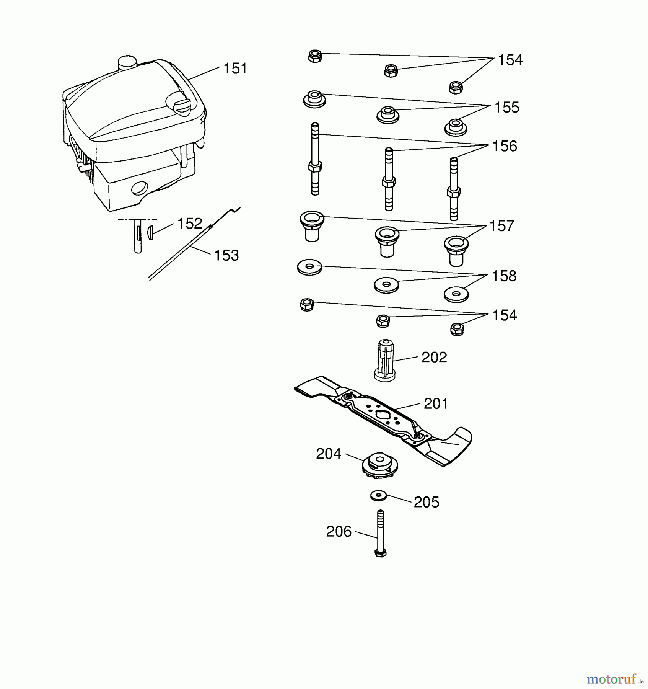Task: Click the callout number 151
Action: (x=235, y=69)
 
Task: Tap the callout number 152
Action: (x=189, y=224)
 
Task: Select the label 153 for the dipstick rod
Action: (x=226, y=255)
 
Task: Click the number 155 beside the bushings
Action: (x=506, y=108)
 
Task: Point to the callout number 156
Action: (x=504, y=147)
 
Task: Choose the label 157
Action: (x=501, y=226)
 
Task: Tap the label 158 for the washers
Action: (x=504, y=276)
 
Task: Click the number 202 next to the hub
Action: (x=434, y=358)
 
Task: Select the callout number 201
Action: (x=436, y=404)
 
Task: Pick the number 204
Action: (x=328, y=454)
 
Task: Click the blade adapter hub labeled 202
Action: (x=385, y=360)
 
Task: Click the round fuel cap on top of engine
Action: (x=127, y=63)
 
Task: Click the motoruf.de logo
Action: (x=614, y=679)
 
